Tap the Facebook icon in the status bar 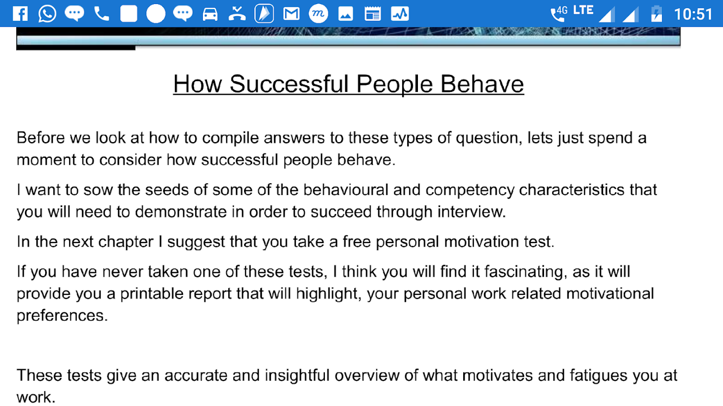(20, 14)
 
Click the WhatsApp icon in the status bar (47, 14)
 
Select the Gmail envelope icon (291, 14)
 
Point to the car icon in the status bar (210, 14)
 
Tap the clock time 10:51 (693, 14)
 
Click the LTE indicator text (583, 10)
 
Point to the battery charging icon (656, 14)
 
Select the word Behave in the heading (482, 84)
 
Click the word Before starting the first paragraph (41, 138)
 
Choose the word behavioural (346, 190)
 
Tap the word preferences (62, 316)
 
